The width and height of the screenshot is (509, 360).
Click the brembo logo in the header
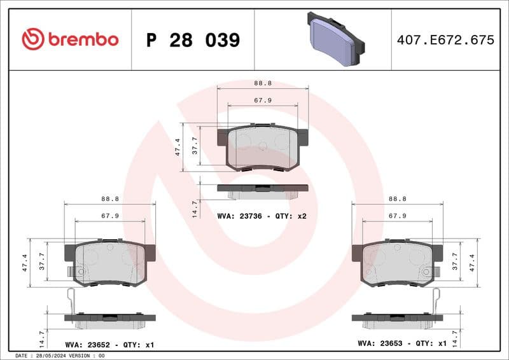(x=70, y=39)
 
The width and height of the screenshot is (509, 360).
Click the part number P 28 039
(x=193, y=40)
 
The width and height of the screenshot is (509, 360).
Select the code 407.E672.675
(x=445, y=40)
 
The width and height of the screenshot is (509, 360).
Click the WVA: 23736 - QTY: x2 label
(x=261, y=216)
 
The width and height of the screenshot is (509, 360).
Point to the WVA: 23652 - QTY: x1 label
(x=109, y=344)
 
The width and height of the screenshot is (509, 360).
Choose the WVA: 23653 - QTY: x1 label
(x=402, y=343)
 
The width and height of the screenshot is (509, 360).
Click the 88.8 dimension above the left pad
(x=110, y=198)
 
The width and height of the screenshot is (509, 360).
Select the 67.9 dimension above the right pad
(x=398, y=216)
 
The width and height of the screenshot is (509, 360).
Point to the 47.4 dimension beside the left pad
(x=25, y=262)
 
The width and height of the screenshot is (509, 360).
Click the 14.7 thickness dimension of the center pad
(x=195, y=209)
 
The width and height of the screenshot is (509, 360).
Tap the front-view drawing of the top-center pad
(x=263, y=146)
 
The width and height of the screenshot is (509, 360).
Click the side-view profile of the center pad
(x=263, y=189)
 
